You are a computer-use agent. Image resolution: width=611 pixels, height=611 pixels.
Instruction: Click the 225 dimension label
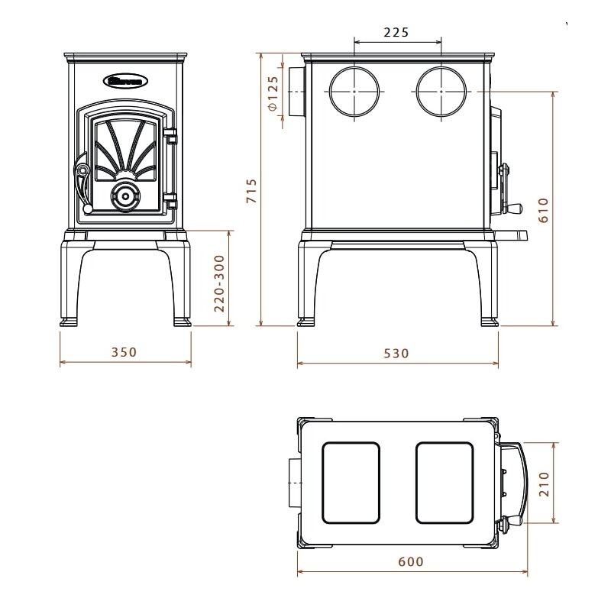point(396,32)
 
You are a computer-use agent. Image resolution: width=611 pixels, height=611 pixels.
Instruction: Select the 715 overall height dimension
point(251,190)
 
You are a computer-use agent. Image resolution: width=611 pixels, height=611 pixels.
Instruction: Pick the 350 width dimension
point(124,352)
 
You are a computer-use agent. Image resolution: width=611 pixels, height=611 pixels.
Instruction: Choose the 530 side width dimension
point(396,353)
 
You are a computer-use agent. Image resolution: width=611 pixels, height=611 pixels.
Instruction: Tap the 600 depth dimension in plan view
point(411,561)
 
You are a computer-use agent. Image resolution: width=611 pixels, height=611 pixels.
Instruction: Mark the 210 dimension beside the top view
point(543,483)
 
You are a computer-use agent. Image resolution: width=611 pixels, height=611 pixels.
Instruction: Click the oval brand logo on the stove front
point(126,79)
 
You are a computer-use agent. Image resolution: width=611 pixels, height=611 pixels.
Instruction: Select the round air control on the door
point(124,196)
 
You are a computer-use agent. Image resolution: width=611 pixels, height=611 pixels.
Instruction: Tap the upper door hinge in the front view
point(171,139)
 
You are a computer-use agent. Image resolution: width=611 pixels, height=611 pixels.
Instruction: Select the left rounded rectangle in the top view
point(352,483)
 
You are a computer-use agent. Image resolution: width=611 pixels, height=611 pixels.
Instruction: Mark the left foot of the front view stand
point(71,321)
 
